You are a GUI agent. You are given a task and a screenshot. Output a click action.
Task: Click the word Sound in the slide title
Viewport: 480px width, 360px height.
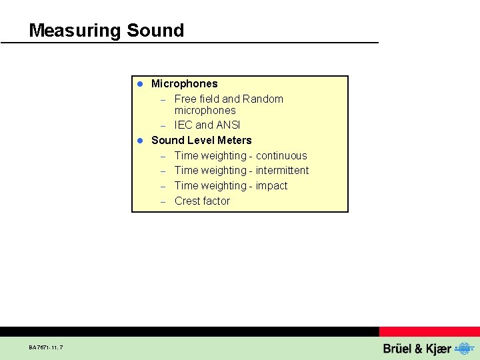pyautogui.click(x=155, y=31)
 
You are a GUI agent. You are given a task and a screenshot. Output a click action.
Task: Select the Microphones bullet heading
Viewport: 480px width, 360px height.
pyautogui.click(x=184, y=83)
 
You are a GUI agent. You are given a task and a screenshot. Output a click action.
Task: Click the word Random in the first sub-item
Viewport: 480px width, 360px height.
pyautogui.click(x=263, y=99)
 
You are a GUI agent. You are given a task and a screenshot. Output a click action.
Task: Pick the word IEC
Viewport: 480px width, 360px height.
pyautogui.click(x=183, y=125)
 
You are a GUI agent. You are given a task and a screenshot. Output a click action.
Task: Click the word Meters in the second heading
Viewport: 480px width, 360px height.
pyautogui.click(x=234, y=140)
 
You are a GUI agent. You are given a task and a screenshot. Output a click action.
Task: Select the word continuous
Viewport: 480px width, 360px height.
pyautogui.click(x=281, y=155)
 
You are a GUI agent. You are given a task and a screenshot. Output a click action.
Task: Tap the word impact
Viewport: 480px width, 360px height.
pyautogui.click(x=271, y=185)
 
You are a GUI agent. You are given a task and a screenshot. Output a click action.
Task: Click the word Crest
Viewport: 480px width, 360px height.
pyautogui.click(x=188, y=201)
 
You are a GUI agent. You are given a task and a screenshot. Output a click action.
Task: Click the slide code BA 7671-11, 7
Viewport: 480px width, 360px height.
pyautogui.click(x=46, y=347)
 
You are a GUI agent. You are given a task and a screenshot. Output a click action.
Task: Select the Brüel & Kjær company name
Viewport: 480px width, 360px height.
pyautogui.click(x=417, y=349)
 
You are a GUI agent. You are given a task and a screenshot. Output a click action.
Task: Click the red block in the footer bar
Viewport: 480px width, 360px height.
pyautogui.click(x=429, y=331)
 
